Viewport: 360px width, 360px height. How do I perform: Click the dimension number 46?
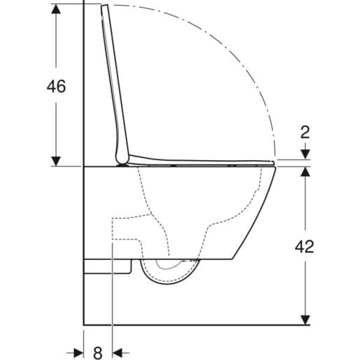(55, 87)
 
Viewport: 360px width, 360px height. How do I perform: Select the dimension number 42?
(304, 246)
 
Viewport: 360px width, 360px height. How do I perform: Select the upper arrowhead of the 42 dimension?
(305, 173)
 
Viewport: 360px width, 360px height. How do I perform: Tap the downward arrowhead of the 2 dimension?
(305, 155)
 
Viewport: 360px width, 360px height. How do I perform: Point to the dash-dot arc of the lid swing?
(238, 56)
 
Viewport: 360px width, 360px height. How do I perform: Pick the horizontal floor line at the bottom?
(196, 325)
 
